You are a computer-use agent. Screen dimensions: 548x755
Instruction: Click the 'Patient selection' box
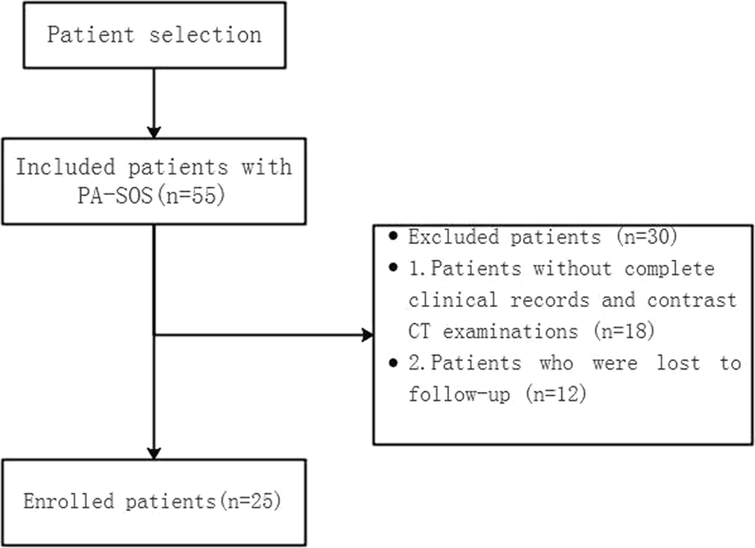click(154, 36)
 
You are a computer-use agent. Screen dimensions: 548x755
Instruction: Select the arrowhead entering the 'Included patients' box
click(154, 131)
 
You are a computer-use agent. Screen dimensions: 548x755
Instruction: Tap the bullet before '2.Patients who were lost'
click(392, 364)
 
